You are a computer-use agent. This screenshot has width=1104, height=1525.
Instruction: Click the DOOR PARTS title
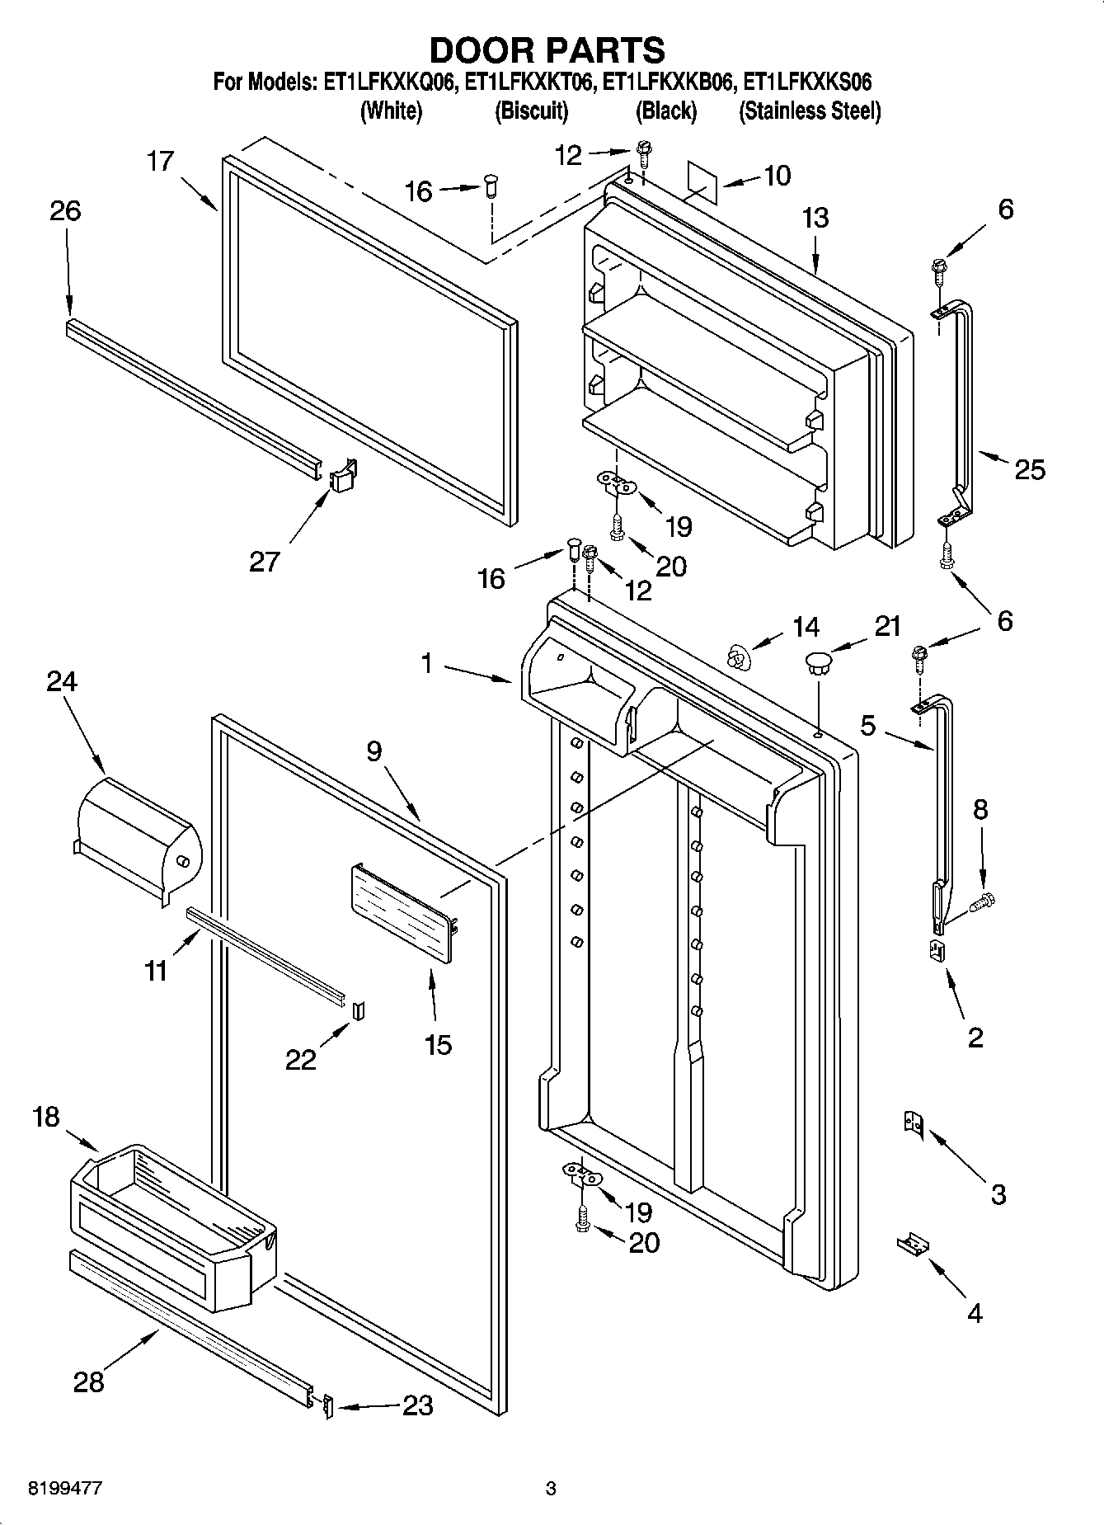coord(547,50)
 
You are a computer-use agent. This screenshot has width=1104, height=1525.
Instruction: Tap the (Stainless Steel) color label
coord(810,111)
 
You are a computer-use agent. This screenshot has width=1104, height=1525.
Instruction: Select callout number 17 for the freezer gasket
coord(160,161)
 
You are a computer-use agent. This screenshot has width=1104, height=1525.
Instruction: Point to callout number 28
coord(89,1381)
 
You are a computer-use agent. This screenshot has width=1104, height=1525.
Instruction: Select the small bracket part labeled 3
coord(913,1126)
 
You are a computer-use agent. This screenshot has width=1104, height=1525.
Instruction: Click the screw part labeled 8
coord(982,900)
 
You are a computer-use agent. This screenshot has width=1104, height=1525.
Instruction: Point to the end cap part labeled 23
coord(327,1406)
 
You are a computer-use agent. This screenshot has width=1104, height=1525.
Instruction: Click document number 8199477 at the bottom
coord(54,1489)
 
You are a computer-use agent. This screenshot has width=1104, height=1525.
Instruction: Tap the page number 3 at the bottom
coord(551,1489)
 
